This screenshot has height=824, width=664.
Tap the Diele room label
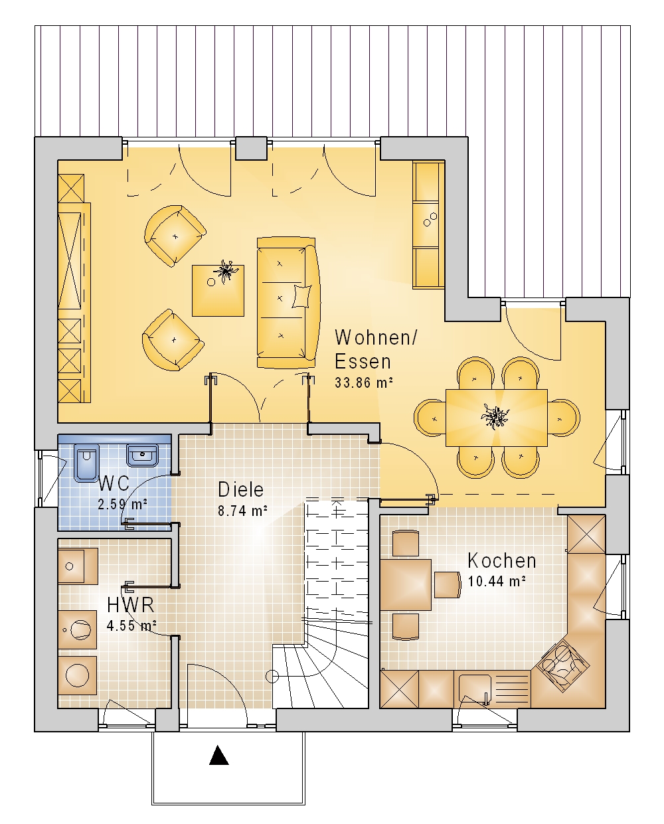point(241,489)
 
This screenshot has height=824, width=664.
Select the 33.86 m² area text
point(364,382)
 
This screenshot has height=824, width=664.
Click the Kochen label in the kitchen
point(501,561)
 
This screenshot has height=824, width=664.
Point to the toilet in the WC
point(86,463)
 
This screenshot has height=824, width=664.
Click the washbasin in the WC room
point(142,455)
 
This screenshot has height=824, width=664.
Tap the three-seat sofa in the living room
point(288,303)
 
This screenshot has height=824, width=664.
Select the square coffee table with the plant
point(218,290)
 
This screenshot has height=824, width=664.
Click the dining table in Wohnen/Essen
point(496,418)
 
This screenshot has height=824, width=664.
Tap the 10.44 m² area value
point(497,581)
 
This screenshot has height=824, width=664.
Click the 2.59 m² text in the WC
point(123,504)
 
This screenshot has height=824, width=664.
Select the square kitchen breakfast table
point(406,584)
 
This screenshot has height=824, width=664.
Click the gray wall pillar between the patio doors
point(251,148)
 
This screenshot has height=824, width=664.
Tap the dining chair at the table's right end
point(564,418)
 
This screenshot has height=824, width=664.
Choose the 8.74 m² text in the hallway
point(242,511)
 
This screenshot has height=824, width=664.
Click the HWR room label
point(131,605)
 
